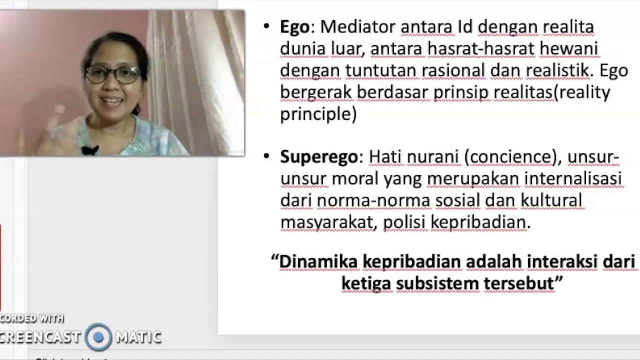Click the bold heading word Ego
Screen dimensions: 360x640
point(295,27)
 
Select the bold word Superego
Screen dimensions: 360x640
point(319,157)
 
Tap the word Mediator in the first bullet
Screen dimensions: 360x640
point(358,27)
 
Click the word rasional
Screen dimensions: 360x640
point(453,71)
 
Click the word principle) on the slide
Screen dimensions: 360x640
point(318,115)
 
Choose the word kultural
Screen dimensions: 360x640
point(551,201)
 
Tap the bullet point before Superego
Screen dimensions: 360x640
point(266,157)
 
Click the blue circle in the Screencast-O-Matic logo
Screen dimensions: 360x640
point(98,337)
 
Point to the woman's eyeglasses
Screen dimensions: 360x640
point(113,75)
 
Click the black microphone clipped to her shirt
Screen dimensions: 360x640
point(90,150)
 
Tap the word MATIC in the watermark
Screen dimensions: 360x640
point(138,337)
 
